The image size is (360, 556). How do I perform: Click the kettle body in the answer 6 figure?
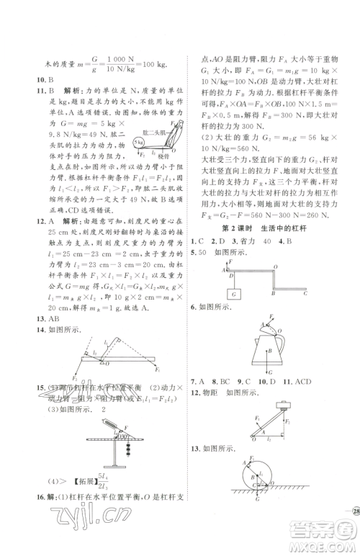click(267, 348)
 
